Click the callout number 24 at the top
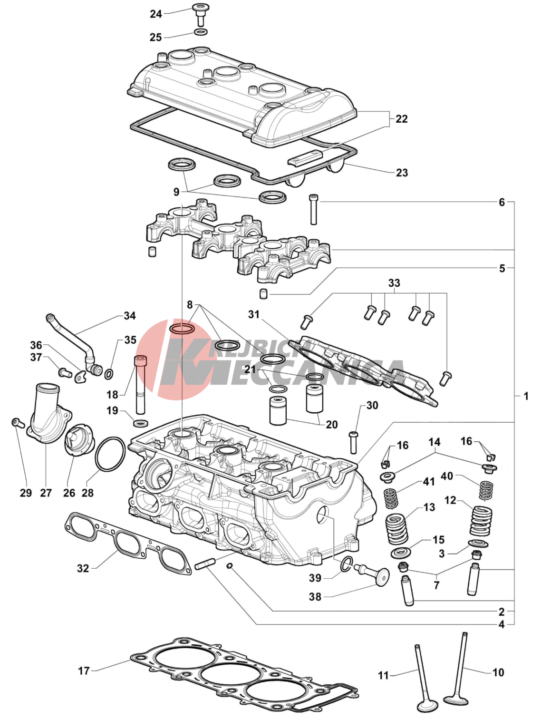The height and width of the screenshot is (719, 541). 156,14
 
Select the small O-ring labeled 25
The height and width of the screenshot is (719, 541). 201,32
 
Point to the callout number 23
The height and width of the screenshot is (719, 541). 402,173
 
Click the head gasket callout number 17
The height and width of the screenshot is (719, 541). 84,670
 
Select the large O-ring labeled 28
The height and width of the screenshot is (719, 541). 111,453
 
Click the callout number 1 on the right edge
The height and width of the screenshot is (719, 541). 526,396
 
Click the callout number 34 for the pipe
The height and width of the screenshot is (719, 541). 129,316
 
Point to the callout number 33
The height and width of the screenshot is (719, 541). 394,283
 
